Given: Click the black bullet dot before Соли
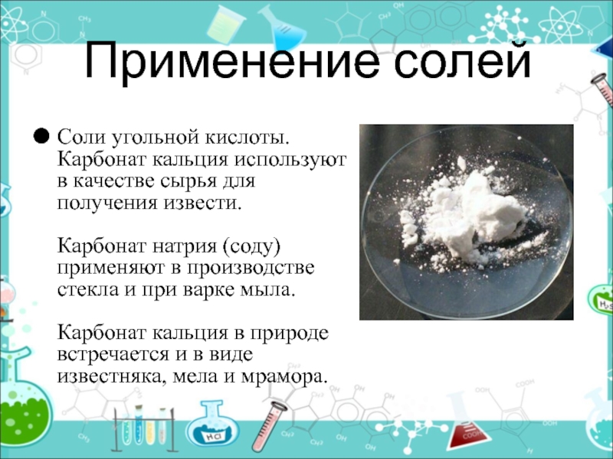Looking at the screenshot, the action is [41, 137].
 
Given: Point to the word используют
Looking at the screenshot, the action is [290, 160].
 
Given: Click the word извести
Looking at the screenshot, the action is [202, 203].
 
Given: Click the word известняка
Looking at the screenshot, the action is [111, 376].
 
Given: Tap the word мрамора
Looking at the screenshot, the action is [284, 377].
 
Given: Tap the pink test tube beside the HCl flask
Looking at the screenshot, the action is [270, 425].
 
